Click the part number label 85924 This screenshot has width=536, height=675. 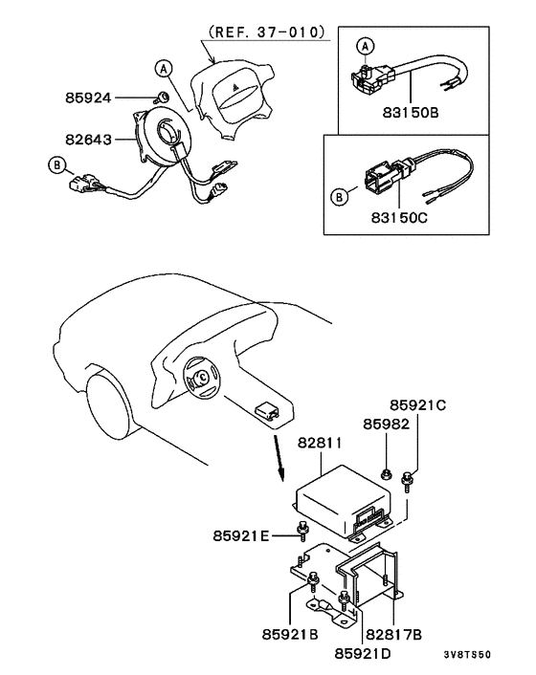pyautogui.click(x=90, y=98)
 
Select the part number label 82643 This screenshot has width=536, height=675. pyautogui.click(x=90, y=140)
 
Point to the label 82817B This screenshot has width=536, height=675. pyautogui.click(x=393, y=633)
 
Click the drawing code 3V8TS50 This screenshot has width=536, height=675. pyautogui.click(x=468, y=655)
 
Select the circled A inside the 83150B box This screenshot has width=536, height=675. pyautogui.click(x=365, y=47)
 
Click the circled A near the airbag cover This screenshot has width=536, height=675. pyautogui.click(x=165, y=67)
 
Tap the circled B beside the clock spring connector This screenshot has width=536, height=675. pyautogui.click(x=57, y=165)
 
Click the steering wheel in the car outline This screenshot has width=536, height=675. pyautogui.click(x=204, y=381)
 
